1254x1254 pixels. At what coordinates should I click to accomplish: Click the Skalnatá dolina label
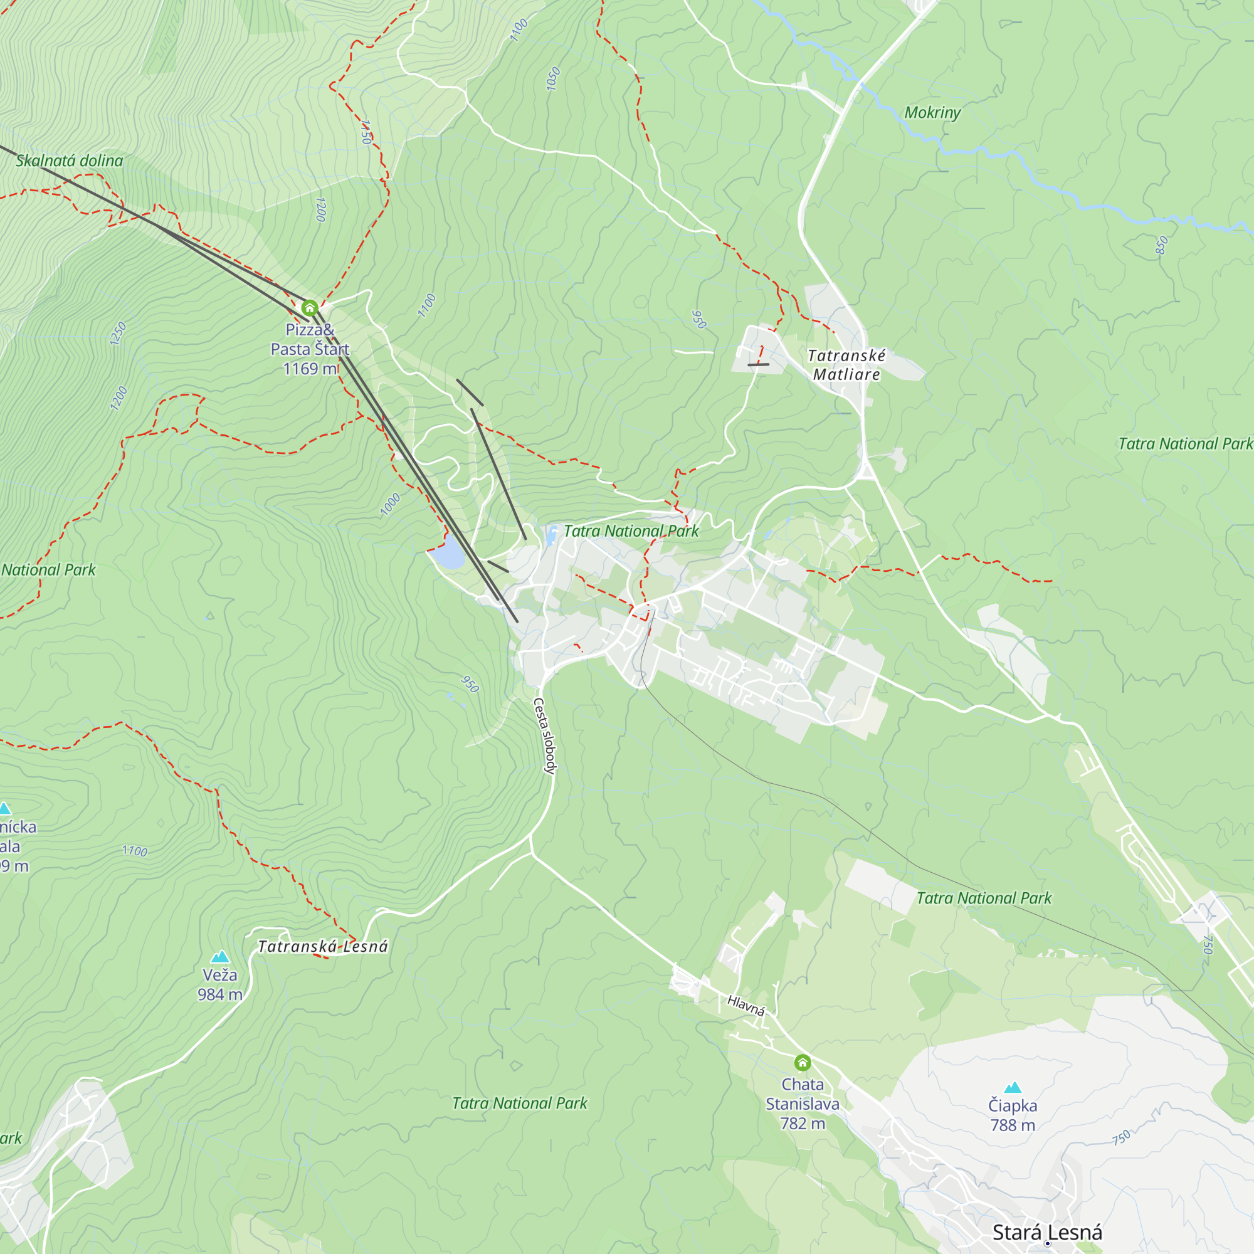pyautogui.click(x=69, y=161)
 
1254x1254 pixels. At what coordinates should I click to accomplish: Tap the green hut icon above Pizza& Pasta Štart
pyautogui.click(x=310, y=307)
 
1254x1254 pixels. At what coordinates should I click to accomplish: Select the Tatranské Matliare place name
pyautogui.click(x=846, y=365)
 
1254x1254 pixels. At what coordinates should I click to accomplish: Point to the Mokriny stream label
pyautogui.click(x=932, y=112)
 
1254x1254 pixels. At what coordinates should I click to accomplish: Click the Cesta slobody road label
pyautogui.click(x=545, y=736)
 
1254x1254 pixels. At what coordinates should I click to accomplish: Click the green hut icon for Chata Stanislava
pyautogui.click(x=803, y=1063)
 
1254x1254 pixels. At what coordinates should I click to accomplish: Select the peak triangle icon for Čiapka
pyautogui.click(x=1013, y=1087)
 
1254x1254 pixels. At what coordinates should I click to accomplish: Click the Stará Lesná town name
pyautogui.click(x=1047, y=1232)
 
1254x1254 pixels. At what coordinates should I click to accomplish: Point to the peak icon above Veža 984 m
pyautogui.click(x=220, y=957)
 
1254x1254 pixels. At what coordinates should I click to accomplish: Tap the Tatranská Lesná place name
pyautogui.click(x=322, y=946)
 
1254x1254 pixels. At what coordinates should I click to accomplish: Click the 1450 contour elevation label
pyautogui.click(x=366, y=132)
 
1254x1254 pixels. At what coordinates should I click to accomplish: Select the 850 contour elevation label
pyautogui.click(x=1161, y=245)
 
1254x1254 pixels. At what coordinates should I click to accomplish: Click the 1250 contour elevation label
pyautogui.click(x=118, y=334)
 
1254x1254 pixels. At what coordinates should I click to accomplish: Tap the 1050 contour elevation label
pyautogui.click(x=552, y=78)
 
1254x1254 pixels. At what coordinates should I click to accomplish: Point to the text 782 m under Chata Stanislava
pyautogui.click(x=803, y=1123)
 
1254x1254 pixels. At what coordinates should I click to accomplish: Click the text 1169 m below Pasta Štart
pyautogui.click(x=310, y=369)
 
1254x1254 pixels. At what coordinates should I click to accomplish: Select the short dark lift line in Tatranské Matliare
pyautogui.click(x=758, y=364)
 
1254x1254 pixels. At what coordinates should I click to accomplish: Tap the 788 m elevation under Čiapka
pyautogui.click(x=1013, y=1125)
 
